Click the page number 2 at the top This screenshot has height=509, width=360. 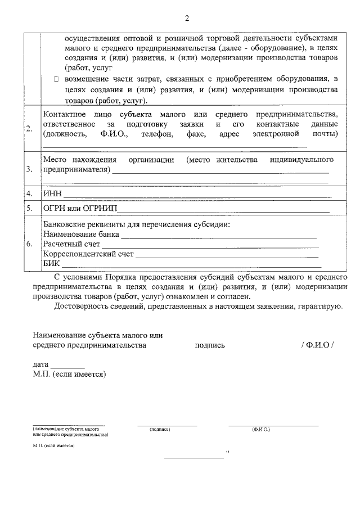187,18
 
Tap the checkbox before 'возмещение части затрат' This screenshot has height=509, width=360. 57,80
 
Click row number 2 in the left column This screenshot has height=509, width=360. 29,129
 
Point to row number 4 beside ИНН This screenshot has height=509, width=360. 29,194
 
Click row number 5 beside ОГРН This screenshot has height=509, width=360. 29,208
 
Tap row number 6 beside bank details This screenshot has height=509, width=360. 29,244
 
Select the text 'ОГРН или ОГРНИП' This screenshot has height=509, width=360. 79,208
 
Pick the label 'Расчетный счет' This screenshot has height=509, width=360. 71,244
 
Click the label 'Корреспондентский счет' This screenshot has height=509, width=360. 88,254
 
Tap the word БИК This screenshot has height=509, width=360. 51,263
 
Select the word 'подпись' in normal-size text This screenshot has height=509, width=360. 210,345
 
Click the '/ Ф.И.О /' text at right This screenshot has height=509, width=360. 317,345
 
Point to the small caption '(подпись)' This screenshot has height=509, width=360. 160,429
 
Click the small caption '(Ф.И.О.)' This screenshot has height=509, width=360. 261,429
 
